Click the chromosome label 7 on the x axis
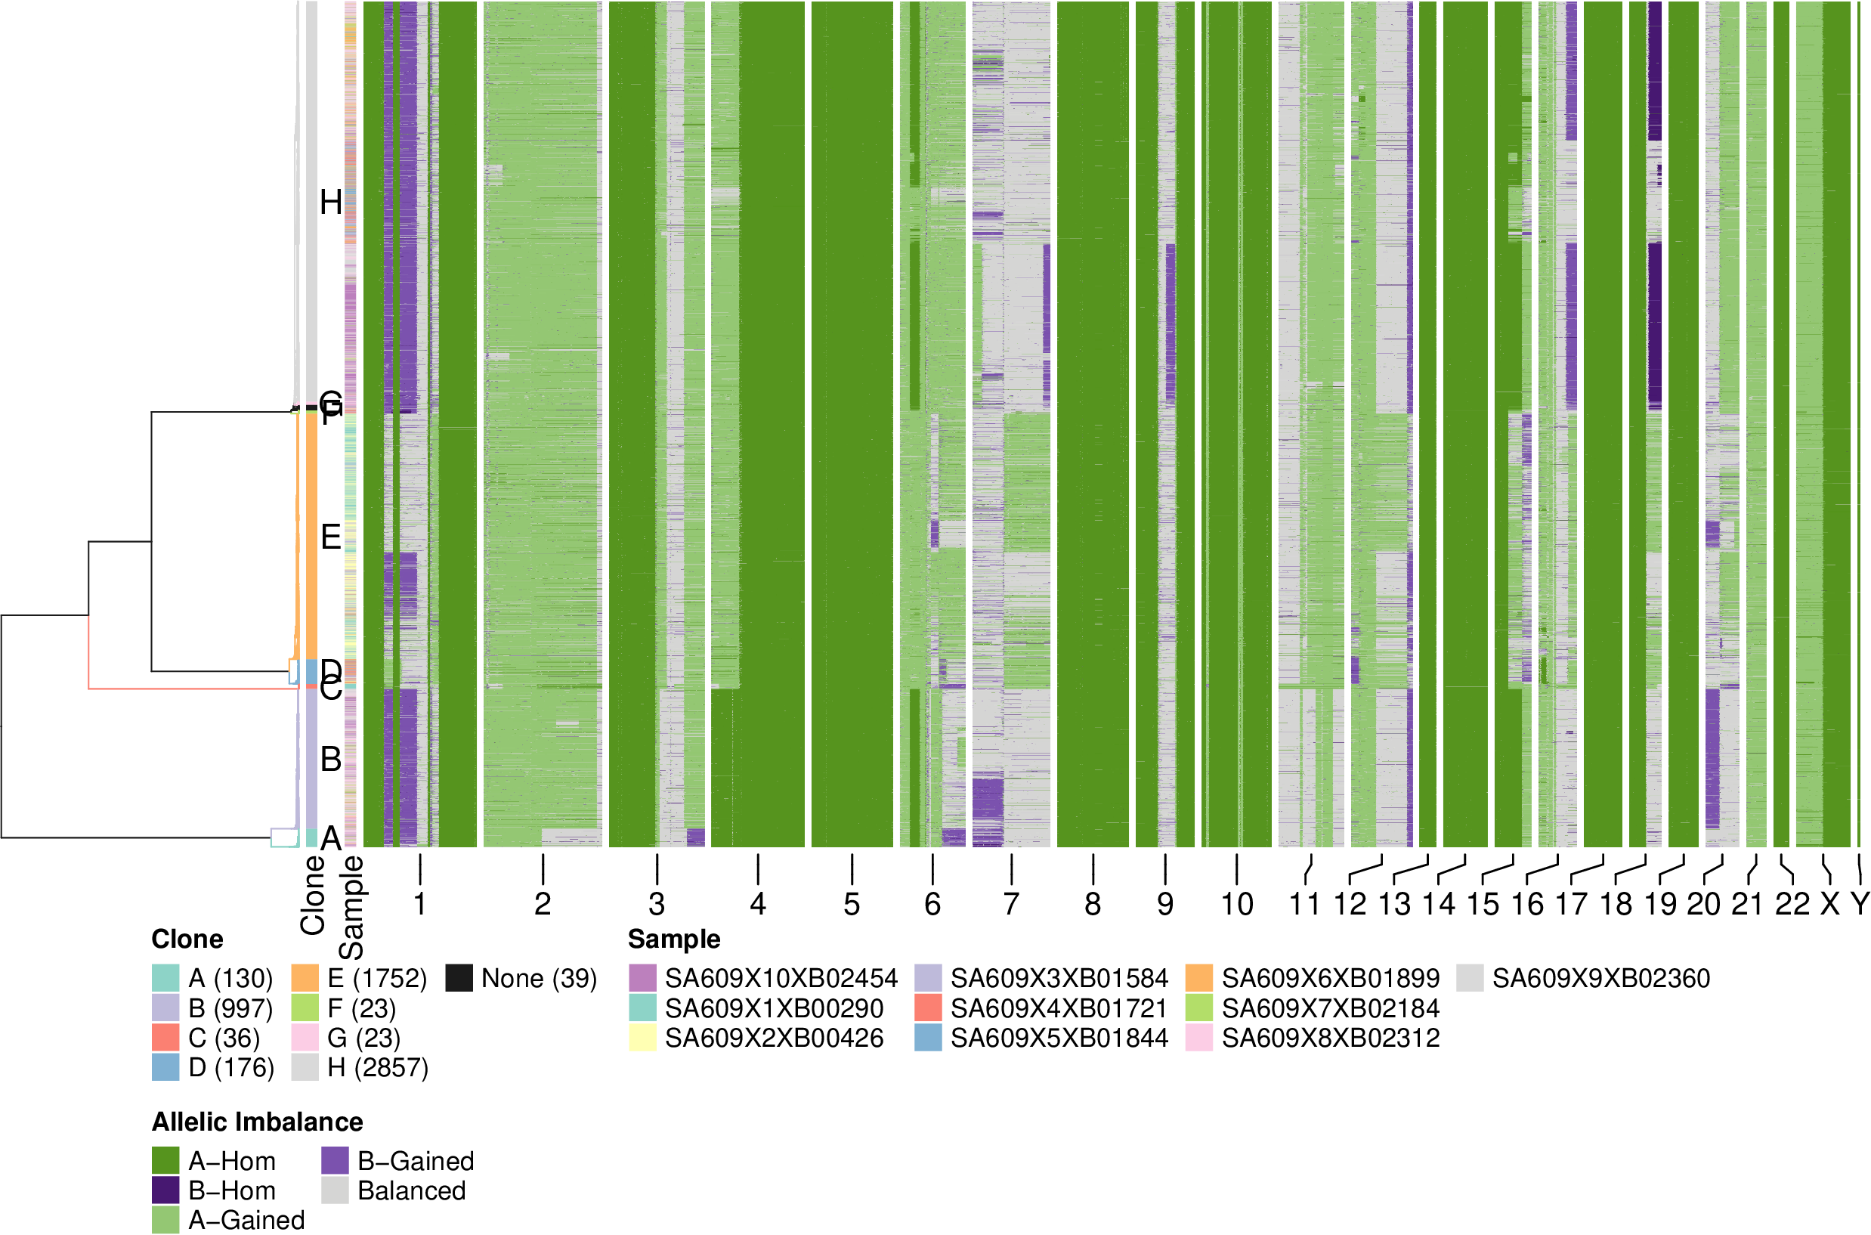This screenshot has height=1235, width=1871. [1011, 904]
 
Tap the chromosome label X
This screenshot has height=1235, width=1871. [1830, 904]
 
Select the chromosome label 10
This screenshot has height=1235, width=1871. [1236, 904]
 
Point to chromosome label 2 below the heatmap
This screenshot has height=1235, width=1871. [543, 904]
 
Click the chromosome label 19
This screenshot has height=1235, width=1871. [1660, 904]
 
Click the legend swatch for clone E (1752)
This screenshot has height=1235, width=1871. [305, 978]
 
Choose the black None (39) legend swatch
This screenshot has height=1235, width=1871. [458, 978]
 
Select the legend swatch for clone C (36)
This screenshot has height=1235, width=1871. [165, 1038]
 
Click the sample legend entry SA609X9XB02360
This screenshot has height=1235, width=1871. [1600, 978]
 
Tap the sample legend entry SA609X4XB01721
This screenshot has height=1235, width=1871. [1059, 1008]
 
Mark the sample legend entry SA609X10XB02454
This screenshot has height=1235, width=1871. [781, 978]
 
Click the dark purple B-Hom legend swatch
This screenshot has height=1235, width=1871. [165, 1190]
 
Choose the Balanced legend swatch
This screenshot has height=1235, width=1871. [335, 1190]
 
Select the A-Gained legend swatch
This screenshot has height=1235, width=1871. [165, 1220]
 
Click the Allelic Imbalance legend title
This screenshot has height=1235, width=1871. [258, 1122]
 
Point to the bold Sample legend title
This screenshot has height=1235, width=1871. [674, 939]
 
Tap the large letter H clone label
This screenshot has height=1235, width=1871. [331, 203]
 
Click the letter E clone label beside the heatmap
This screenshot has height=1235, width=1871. [331, 537]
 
